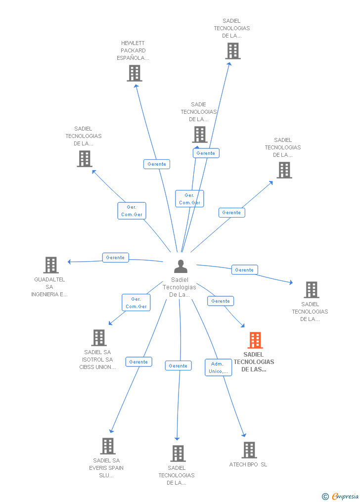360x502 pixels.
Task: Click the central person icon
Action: pos(180,267)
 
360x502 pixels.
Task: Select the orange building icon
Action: pos(255,340)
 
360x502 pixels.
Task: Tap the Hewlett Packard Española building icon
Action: pos(134,73)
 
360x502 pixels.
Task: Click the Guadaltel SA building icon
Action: pos(50,265)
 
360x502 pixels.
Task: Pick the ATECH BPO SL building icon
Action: pos(249,450)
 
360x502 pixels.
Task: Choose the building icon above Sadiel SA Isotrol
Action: pos(99,338)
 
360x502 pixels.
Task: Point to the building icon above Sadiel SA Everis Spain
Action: pos(107,446)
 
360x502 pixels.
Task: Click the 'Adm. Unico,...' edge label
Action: pos(218,367)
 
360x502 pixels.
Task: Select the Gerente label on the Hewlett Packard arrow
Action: pos(157,164)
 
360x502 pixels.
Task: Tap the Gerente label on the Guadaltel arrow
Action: pos(115,258)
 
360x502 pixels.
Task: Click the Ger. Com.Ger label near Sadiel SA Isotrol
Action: pos(136,303)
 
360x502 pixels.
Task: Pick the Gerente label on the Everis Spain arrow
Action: pos(138,362)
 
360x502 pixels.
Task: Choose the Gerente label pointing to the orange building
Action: pos(221,301)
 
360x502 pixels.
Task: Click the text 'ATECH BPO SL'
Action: pos(248,465)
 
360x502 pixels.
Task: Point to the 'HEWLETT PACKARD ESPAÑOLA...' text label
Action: pos(133,50)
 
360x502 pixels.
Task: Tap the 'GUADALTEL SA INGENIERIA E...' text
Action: pos(49,287)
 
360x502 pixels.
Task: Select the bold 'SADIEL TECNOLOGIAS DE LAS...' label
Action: pos(254,362)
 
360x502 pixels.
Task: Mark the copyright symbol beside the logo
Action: pos(325,496)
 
